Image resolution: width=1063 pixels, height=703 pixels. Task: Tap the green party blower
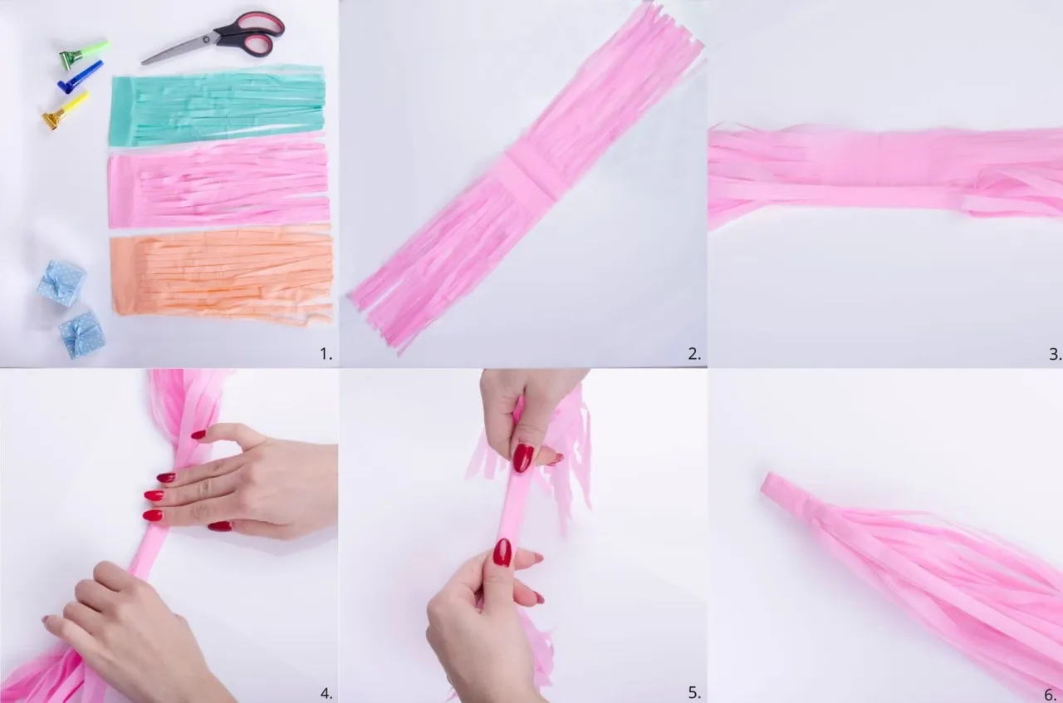point(84,52)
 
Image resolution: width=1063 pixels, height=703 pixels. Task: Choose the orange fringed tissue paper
point(222,276)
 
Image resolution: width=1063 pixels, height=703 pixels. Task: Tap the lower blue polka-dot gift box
point(81,334)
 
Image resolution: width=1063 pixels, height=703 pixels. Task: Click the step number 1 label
point(326,354)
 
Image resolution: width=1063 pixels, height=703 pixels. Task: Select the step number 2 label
point(693,354)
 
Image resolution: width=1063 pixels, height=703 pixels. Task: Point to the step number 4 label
point(326,693)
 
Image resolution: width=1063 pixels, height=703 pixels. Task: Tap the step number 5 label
point(693,693)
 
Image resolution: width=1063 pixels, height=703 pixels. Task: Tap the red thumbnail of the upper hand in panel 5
point(523,458)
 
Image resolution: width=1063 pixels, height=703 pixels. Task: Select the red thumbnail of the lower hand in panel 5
point(502,552)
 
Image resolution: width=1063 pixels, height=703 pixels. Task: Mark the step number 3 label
point(1055,354)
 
